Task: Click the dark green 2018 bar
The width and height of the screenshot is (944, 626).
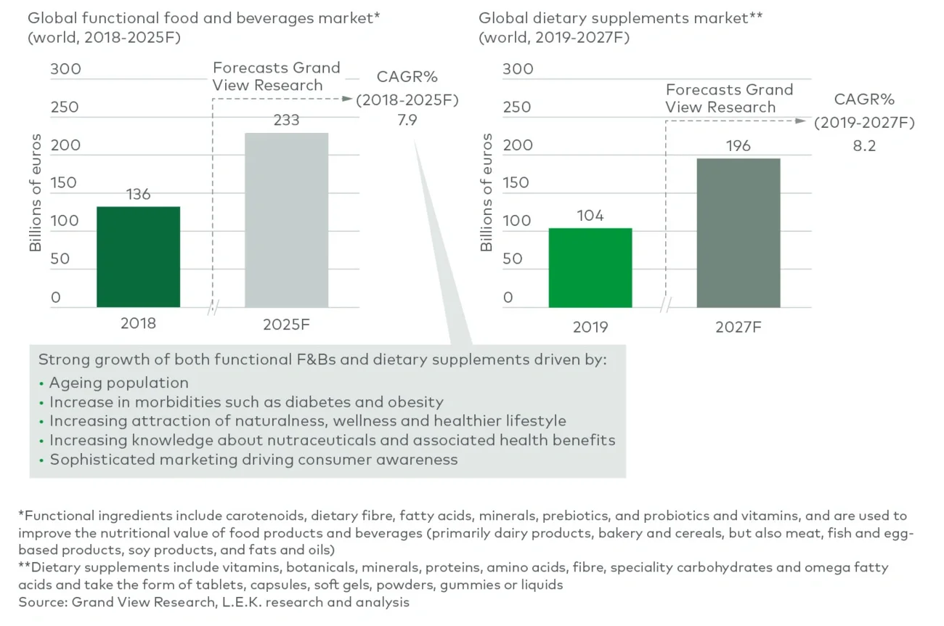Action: point(138,256)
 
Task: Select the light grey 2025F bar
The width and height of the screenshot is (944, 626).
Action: point(286,219)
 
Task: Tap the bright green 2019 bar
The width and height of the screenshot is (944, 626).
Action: point(590,267)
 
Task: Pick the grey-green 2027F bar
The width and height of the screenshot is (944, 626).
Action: point(738,232)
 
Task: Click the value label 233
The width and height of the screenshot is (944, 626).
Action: point(286,120)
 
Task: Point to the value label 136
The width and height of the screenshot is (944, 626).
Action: point(138,194)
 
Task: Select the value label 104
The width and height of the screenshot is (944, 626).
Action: point(590,216)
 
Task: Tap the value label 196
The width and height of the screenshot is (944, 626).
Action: point(738,146)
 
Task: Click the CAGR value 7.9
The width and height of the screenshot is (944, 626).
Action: point(407,121)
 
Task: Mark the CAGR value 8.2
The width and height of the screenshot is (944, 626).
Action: point(864,146)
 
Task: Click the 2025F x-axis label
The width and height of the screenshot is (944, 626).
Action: point(286,325)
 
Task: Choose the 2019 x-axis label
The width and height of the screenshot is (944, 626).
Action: point(590,328)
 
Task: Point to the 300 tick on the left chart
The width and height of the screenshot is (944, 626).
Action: point(65,70)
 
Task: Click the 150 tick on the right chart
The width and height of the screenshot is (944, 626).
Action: point(517,182)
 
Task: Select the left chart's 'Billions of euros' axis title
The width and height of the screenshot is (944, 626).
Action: point(35,192)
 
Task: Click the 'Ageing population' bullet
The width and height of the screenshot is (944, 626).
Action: point(118,383)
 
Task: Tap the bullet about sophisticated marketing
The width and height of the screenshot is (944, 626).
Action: point(253,459)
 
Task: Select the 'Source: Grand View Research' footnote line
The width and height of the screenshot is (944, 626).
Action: point(213,602)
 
